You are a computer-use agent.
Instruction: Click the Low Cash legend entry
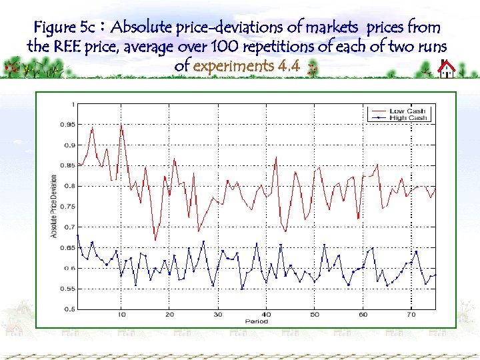pos(407,111)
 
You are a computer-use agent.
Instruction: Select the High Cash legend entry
pos(408,118)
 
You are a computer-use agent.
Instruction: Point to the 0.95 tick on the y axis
pos(69,124)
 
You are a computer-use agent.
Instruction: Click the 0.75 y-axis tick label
pos(69,207)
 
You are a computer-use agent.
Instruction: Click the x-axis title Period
pos(257,321)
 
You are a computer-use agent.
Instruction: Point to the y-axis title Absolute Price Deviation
pos(55,207)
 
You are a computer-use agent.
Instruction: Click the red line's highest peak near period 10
pos(121,124)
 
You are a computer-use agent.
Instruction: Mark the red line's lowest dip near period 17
pos(155,240)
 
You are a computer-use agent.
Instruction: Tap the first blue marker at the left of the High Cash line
pos(78,235)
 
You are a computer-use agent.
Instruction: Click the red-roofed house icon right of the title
pos(447,69)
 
